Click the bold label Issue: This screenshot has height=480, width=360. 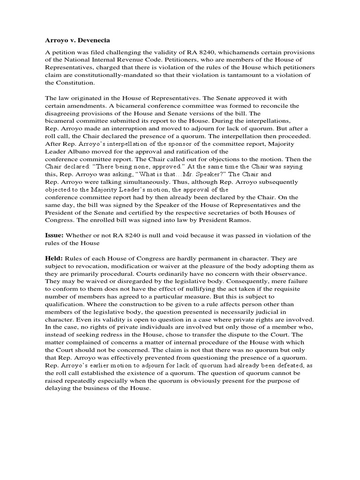pyautogui.click(x=54, y=235)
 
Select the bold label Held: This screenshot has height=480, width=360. pyautogui.click(x=54, y=258)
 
